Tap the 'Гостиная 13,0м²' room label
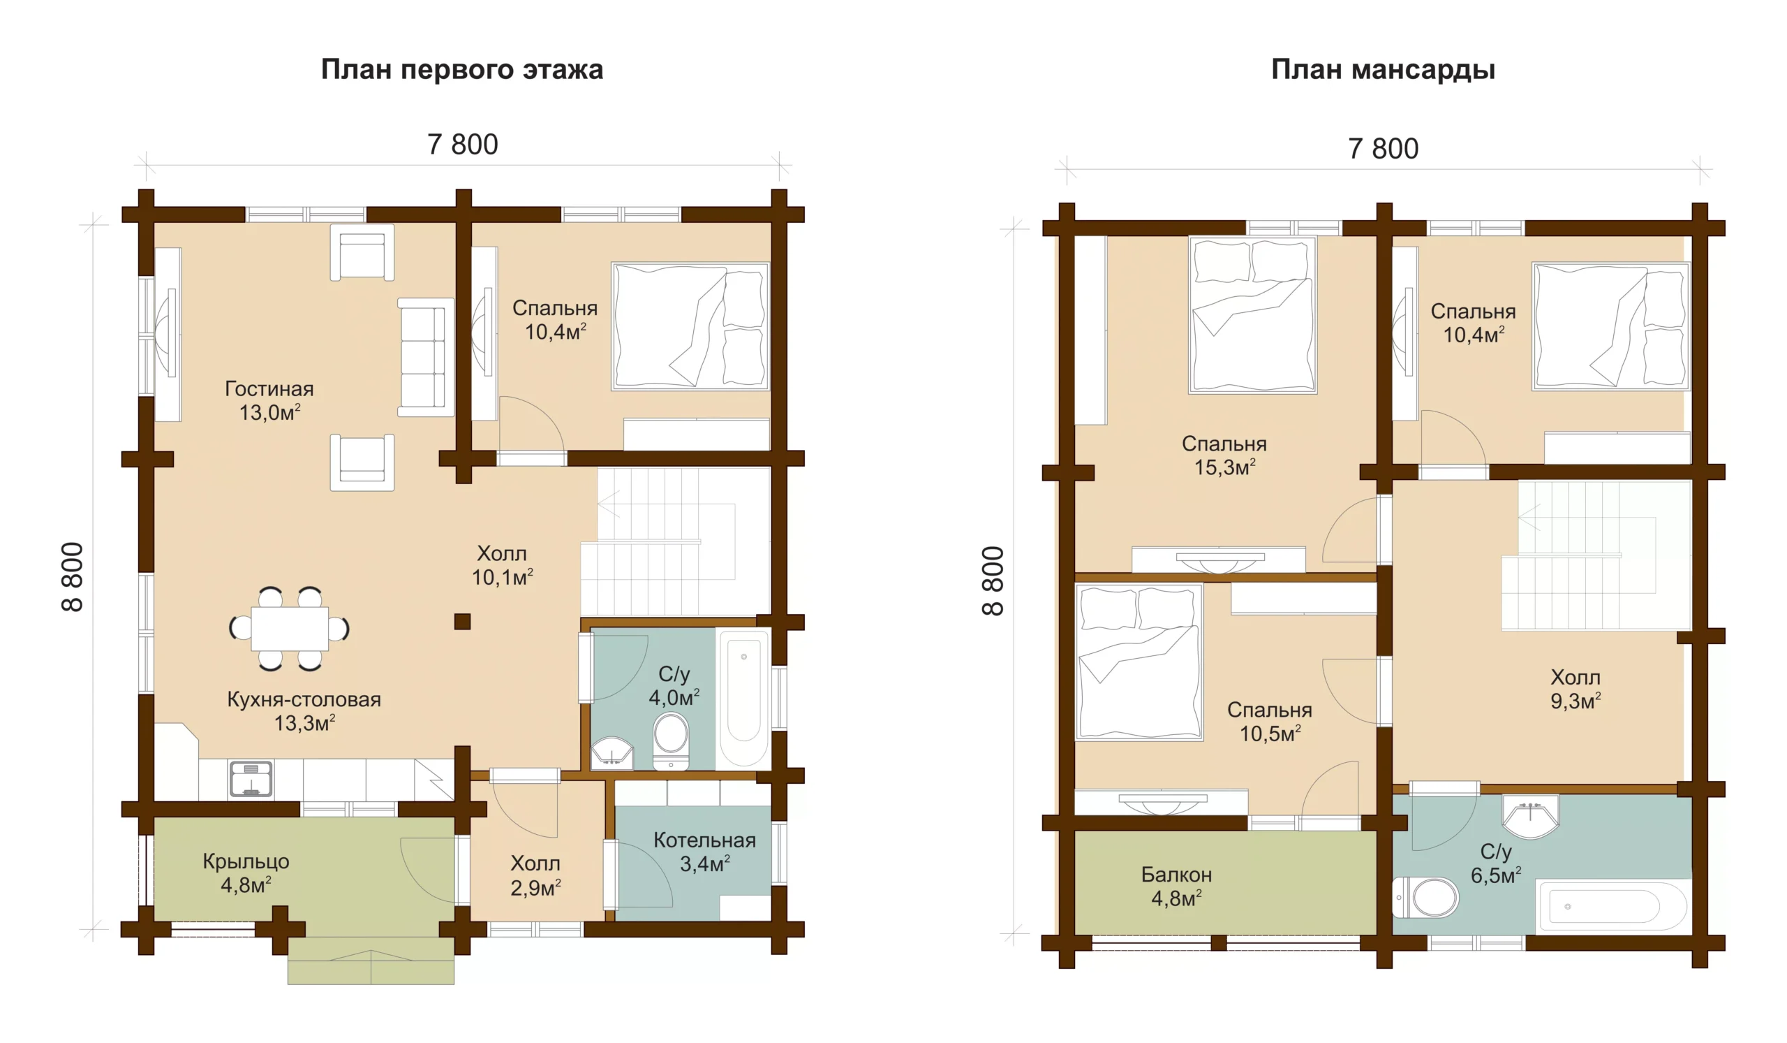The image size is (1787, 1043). (269, 400)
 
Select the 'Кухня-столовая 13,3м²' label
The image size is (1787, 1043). (304, 711)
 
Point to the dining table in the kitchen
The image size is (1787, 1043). (289, 629)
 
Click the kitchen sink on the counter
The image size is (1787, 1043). (251, 778)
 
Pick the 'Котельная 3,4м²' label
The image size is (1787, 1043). (704, 852)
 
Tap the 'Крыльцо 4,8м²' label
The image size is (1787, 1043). (246, 873)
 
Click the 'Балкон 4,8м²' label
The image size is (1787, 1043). (1176, 887)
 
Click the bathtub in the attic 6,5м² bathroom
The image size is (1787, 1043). (1611, 907)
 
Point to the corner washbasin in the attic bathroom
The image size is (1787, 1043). (1530, 816)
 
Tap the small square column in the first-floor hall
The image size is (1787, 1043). (462, 622)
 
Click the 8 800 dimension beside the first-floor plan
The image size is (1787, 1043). (73, 578)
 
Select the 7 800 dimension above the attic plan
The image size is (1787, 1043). (1383, 149)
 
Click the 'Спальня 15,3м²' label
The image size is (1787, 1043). (1224, 455)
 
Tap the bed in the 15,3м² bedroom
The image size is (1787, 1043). (1252, 315)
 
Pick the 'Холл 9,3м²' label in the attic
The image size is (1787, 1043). (1575, 689)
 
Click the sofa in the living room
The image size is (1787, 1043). (425, 358)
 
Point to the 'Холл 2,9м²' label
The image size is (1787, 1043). (535, 875)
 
